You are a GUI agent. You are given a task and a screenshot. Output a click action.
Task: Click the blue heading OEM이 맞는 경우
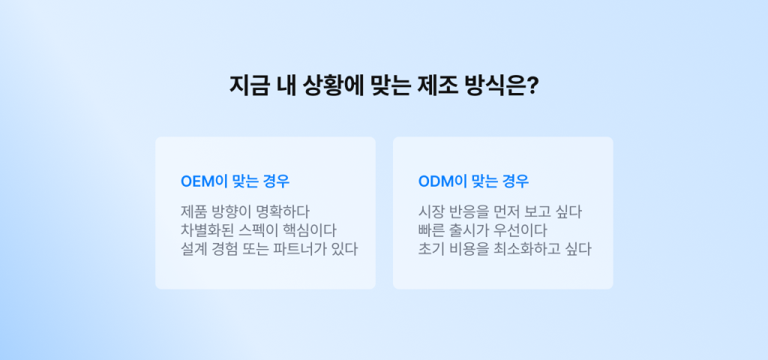click(x=235, y=181)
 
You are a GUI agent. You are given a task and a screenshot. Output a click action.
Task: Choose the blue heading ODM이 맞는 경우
click(x=473, y=181)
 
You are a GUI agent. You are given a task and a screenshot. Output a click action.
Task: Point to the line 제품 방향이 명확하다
click(x=245, y=211)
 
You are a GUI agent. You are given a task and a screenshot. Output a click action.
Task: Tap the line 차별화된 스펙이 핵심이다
click(x=258, y=230)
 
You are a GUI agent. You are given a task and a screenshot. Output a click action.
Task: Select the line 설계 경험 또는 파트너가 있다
click(x=268, y=249)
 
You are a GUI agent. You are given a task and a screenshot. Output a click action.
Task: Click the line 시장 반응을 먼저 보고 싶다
click(x=499, y=211)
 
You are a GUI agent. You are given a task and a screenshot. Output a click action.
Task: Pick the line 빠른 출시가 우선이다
click(x=482, y=230)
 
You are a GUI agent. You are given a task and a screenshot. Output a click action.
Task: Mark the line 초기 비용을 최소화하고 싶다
click(x=504, y=249)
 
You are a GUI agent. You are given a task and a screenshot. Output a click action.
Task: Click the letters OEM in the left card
click(x=197, y=181)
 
